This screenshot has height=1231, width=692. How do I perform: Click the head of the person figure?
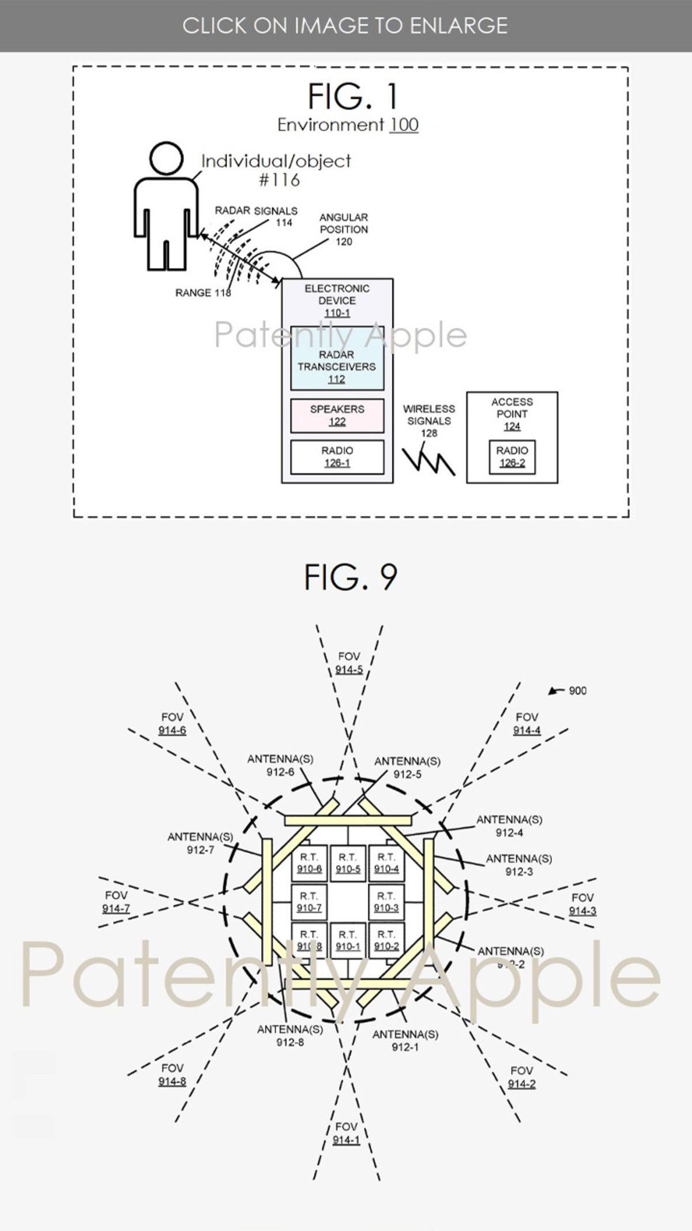[166, 159]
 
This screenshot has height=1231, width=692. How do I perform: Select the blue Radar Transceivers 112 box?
[337, 358]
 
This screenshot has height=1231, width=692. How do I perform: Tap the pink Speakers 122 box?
[337, 415]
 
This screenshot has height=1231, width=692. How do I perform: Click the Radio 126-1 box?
[337, 457]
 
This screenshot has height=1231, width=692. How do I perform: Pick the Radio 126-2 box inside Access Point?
[512, 457]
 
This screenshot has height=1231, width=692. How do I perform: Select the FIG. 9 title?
[350, 577]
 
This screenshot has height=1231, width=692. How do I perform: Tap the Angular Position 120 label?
[344, 229]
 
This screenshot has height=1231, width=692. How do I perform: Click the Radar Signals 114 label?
[257, 216]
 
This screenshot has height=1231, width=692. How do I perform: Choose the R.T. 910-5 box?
[348, 864]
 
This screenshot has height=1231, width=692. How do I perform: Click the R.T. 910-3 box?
[386, 902]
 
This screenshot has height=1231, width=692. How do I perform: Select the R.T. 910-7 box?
[309, 902]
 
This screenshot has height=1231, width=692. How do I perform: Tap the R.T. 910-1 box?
[348, 940]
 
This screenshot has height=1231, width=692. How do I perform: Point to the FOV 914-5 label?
[349, 663]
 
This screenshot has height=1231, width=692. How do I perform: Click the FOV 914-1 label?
[346, 1133]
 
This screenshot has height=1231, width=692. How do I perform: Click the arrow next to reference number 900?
[555, 690]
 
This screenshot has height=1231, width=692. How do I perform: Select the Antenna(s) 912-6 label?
[280, 765]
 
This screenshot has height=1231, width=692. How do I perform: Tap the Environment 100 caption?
[348, 125]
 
